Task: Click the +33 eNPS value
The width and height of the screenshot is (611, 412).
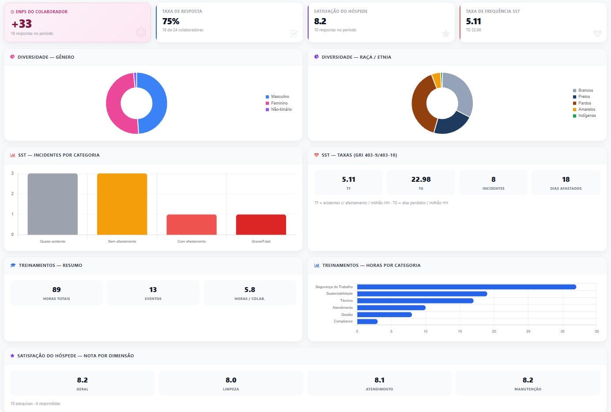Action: [22, 24]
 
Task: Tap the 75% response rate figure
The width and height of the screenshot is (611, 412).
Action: [171, 21]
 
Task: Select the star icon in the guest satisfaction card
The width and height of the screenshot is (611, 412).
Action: [446, 34]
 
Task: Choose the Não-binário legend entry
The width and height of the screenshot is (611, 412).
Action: [279, 109]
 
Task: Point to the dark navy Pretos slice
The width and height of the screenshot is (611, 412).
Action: [452, 124]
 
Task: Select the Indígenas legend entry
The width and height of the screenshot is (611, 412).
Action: [584, 116]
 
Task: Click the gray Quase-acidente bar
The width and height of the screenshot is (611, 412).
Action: [53, 204]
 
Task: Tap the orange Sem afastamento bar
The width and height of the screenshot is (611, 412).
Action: [122, 204]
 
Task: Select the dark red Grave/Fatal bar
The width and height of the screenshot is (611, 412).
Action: [261, 225]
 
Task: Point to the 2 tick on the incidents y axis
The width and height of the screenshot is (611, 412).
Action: [12, 194]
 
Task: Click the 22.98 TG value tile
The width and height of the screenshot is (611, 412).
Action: [421, 183]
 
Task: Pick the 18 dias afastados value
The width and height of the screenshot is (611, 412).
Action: [566, 179]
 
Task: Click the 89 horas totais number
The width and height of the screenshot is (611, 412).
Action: [57, 289]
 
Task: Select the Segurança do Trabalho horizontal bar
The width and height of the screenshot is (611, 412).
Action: [467, 287]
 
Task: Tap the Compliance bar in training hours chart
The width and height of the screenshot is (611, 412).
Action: [367, 322]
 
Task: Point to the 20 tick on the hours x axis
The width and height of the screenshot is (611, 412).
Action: [494, 331]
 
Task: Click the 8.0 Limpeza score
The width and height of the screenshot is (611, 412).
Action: [231, 380]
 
